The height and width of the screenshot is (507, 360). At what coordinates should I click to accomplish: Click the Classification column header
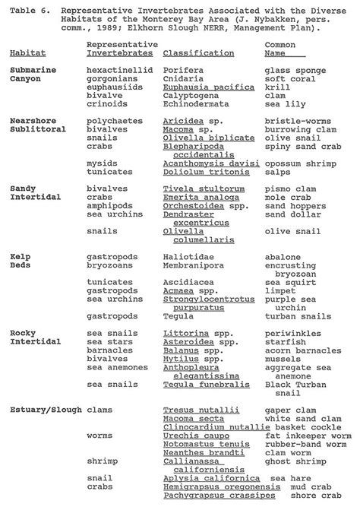coord(198,53)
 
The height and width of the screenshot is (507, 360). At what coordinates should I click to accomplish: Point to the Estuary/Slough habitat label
coord(43,410)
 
